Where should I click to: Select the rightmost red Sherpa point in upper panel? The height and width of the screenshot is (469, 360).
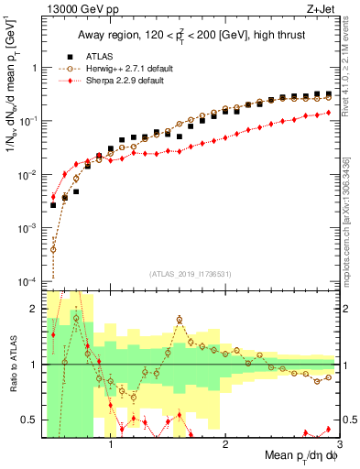(x=328, y=113)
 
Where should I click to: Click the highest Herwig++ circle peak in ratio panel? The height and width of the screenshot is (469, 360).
(x=180, y=320)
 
